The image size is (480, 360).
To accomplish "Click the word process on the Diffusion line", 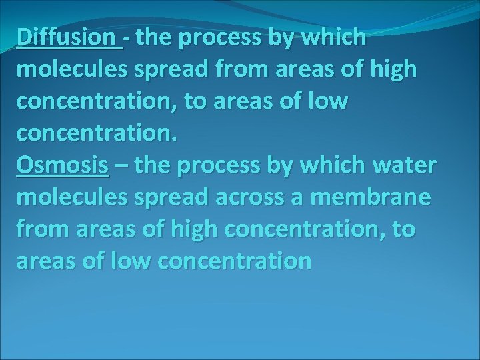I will [x=221, y=39].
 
